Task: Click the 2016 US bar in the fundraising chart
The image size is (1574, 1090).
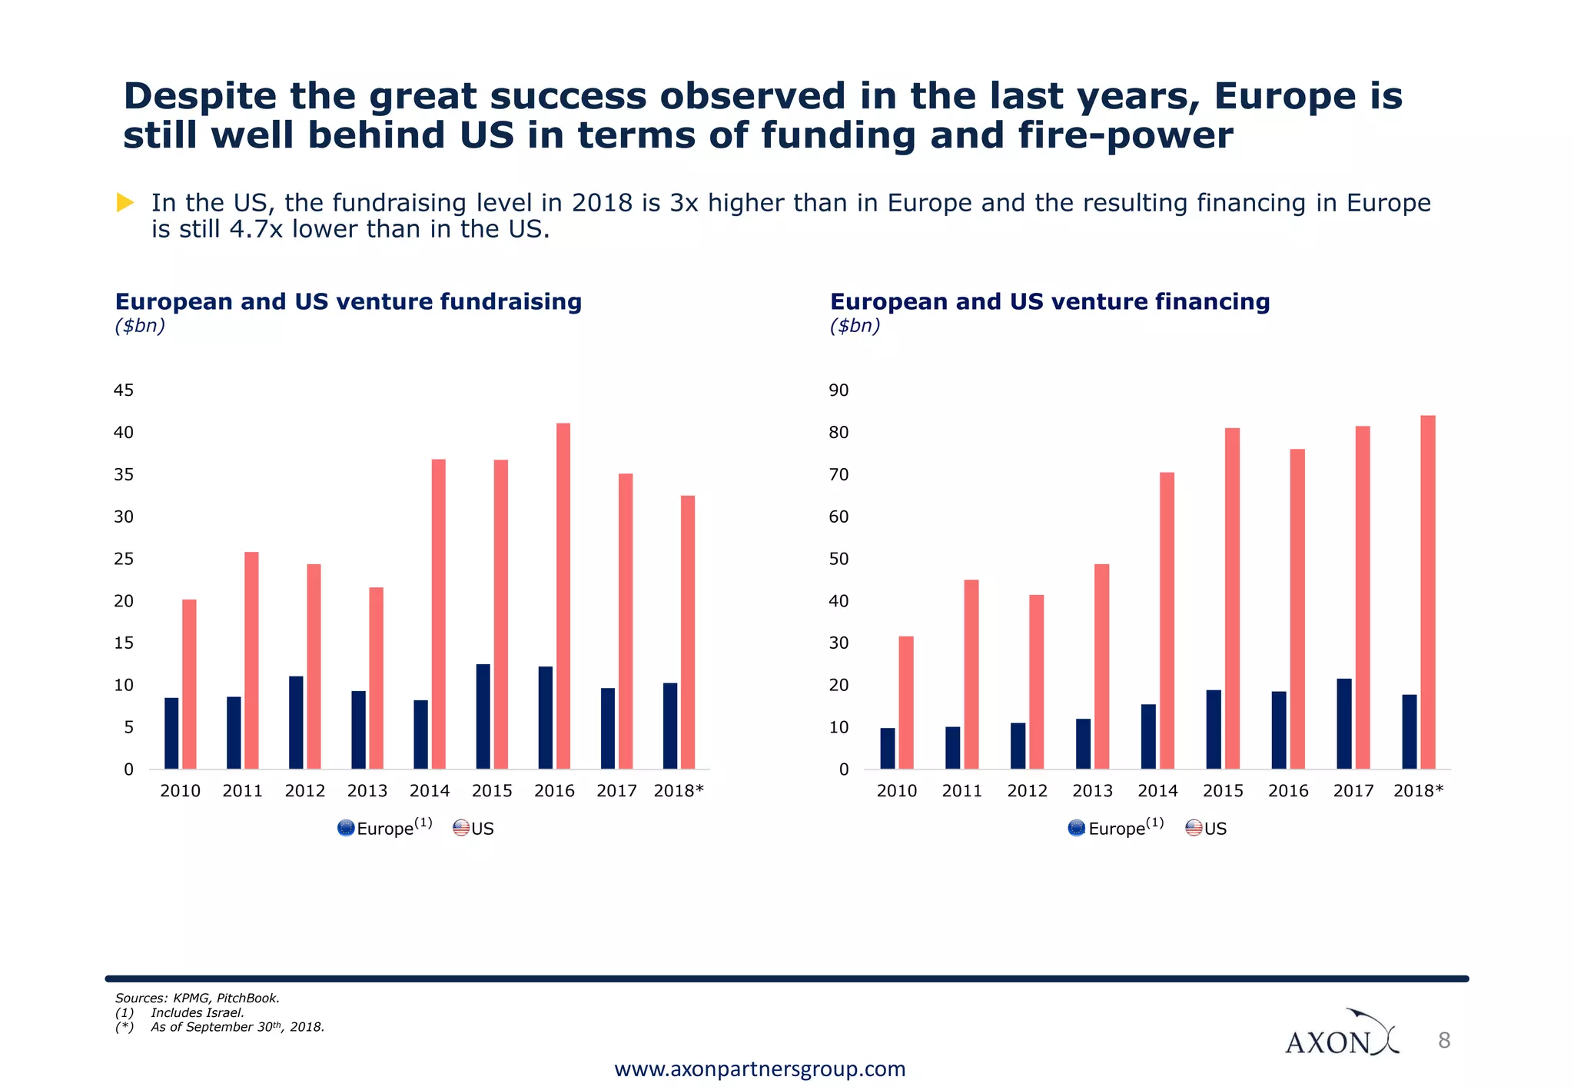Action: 563,596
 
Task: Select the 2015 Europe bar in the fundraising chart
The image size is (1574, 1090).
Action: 483,716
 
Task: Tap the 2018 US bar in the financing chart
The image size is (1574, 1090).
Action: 1428,592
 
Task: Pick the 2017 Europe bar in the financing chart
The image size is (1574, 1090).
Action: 1344,723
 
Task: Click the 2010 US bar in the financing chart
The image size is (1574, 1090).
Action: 906,702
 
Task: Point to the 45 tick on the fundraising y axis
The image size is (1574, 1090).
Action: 124,390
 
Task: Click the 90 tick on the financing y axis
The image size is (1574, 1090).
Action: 839,390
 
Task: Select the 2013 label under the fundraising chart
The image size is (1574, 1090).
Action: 367,791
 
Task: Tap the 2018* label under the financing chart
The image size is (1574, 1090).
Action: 1419,791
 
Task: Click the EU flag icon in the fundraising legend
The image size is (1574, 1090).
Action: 346,829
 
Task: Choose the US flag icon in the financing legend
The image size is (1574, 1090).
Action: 1194,829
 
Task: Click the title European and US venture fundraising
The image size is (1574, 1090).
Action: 348,301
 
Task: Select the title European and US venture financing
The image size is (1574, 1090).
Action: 1050,301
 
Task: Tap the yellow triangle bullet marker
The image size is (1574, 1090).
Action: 125,203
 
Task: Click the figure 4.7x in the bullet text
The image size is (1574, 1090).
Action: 257,229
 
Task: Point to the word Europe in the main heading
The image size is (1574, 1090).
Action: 1280,97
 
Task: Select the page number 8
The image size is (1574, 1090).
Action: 1444,1041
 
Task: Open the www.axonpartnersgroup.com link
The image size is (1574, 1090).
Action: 760,1069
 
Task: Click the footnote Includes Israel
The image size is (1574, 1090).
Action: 198,1012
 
